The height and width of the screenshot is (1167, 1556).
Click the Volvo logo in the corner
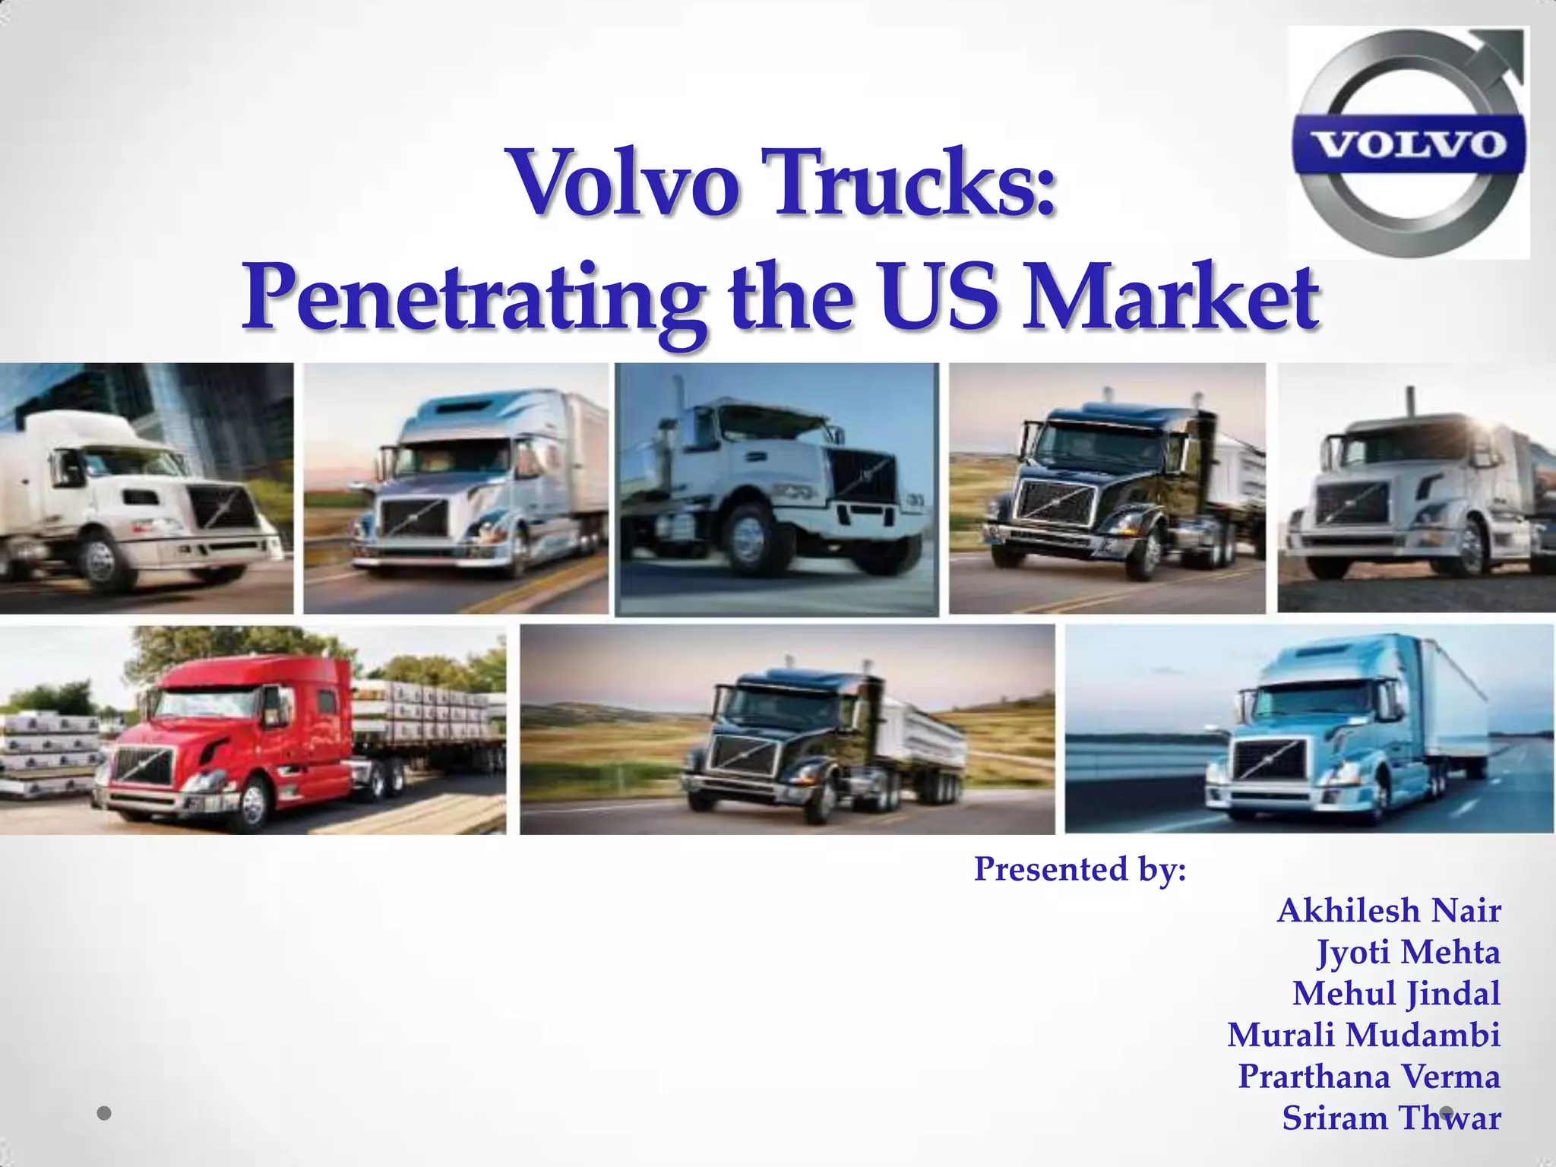1409,143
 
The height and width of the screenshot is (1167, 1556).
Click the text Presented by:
1080,868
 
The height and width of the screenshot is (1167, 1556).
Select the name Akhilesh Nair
1389,910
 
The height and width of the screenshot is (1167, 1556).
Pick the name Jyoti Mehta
1409,952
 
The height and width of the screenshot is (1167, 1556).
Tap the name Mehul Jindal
1396,993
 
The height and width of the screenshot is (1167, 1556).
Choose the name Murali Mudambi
1364,1035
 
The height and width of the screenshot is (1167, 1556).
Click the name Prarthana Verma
1369,1076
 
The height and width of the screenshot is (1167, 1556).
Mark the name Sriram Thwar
1391,1118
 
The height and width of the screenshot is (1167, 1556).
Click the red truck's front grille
143,765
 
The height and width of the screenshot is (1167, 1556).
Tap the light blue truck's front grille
1270,759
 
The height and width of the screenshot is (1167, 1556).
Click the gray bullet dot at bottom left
105,1114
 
